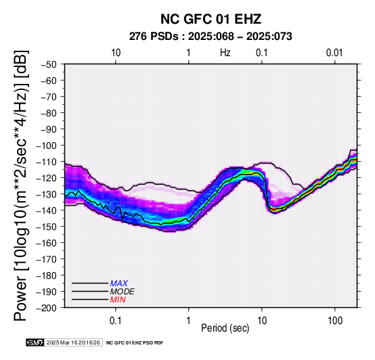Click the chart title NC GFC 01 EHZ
211,19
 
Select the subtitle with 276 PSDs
211,37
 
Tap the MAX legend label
119,284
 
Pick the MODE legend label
123,292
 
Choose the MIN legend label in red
118,300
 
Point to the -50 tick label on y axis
49,64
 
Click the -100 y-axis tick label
48,145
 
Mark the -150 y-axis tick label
48,227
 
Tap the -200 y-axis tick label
48,308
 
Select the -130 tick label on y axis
48,194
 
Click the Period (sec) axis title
225,328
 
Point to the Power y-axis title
21,185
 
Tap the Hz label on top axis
225,53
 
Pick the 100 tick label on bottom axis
335,321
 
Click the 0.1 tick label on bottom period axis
116,321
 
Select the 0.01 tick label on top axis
334,53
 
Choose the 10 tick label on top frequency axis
116,53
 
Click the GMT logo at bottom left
35,342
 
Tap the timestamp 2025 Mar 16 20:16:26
73,342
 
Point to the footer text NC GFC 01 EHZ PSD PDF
135,343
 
